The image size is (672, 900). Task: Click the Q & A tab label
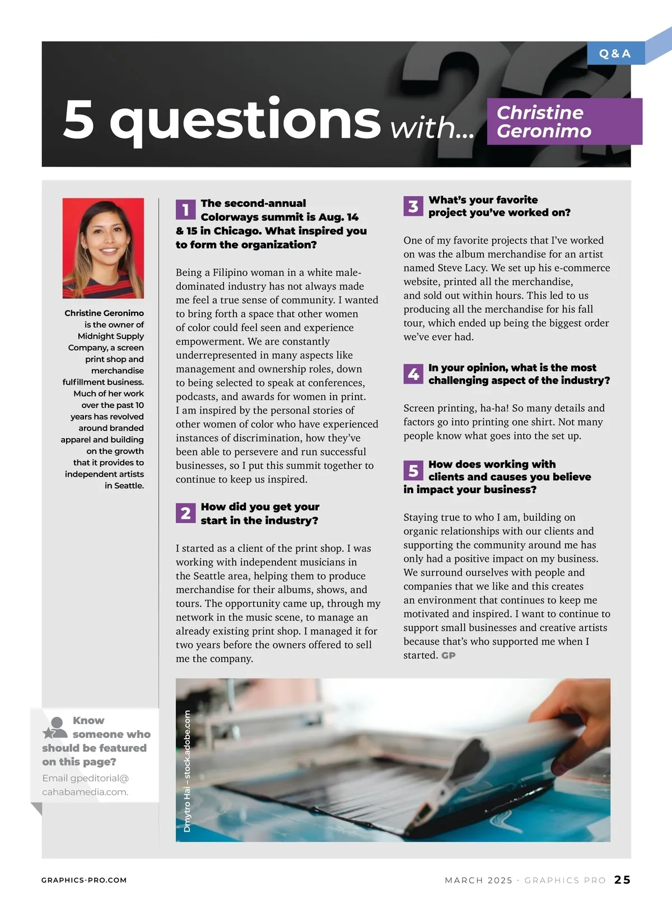coord(615,54)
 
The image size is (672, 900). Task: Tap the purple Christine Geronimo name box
coord(564,122)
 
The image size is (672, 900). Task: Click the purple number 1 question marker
coord(185,210)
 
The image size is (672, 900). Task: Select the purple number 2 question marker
coord(185,513)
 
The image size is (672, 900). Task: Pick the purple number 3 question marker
coord(413,206)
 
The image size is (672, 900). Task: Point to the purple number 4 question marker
coord(413,374)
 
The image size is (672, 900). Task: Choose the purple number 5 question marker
coord(413,471)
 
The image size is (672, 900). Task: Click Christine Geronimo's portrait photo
coord(103,248)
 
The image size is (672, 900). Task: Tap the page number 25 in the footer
coord(622,880)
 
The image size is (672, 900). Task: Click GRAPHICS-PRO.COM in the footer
coord(84,880)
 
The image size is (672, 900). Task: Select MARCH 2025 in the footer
coord(478,880)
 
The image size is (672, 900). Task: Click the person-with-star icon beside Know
coord(55,727)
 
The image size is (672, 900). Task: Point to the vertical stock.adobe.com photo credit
coord(187,771)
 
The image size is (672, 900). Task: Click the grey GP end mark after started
coord(448,656)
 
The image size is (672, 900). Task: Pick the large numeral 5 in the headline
coord(78,119)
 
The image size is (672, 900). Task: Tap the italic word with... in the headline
coord(432,128)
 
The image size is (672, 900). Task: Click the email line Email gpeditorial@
coord(86,778)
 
